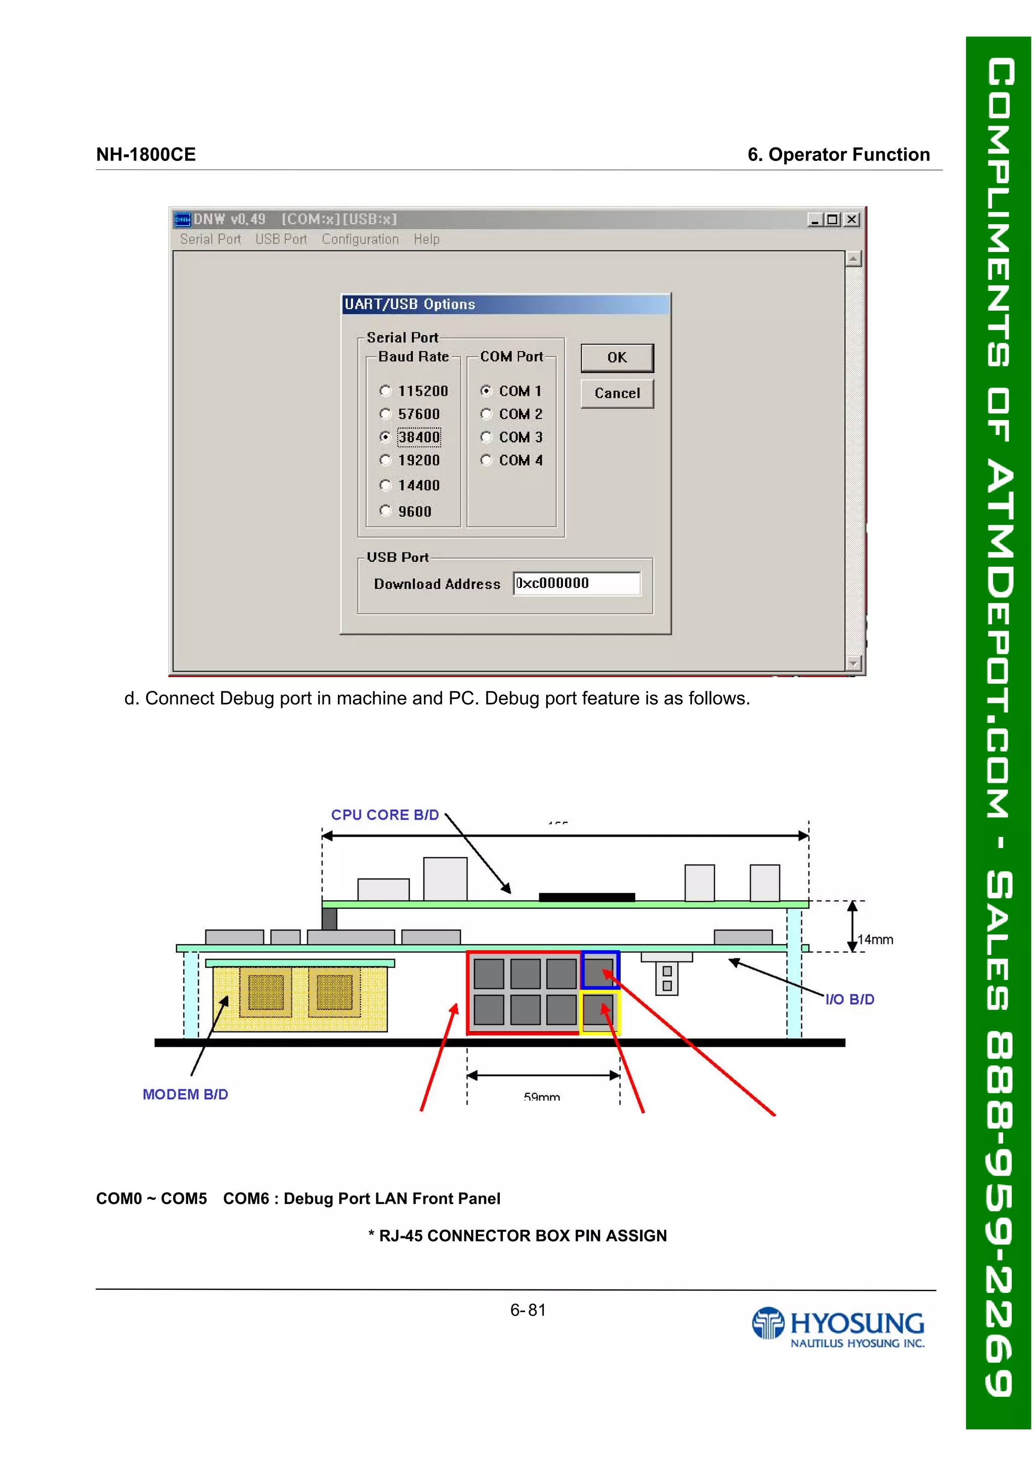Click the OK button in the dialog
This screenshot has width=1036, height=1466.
point(617,358)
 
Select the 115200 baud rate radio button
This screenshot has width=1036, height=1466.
point(385,391)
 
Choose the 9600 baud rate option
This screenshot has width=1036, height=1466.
point(385,511)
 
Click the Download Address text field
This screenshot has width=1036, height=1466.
point(576,583)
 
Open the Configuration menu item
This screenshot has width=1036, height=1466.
point(360,239)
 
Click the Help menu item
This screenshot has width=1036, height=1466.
point(426,239)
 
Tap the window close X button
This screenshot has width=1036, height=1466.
point(851,220)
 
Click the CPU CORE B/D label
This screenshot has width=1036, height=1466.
point(385,815)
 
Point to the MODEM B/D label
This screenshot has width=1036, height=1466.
point(185,1095)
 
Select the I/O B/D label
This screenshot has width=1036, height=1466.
point(850,999)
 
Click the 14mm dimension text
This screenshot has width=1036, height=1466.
point(875,939)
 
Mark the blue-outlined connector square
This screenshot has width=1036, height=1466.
point(599,971)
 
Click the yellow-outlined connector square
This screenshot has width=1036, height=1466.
point(599,1011)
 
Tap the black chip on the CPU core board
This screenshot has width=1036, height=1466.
point(587,897)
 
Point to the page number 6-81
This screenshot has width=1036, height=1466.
point(528,1310)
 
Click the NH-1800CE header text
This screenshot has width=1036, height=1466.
point(146,154)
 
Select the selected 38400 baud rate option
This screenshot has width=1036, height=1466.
point(385,437)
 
